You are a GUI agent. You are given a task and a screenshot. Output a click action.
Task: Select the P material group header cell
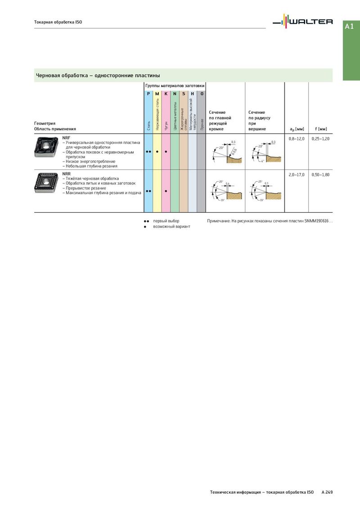coord(148,94)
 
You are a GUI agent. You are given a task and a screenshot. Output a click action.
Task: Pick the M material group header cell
coord(157,94)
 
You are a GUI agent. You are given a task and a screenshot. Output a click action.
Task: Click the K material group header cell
coord(166,94)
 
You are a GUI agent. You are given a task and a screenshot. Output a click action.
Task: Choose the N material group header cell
coord(175,94)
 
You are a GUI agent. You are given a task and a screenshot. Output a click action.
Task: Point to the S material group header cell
coord(184,94)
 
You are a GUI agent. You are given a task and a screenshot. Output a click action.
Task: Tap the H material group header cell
coord(193,94)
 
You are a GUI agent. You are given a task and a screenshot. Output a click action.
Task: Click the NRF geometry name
coord(66,138)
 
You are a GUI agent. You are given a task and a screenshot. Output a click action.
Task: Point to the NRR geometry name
coord(66,174)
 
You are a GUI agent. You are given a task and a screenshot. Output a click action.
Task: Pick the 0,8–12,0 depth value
coord(297,138)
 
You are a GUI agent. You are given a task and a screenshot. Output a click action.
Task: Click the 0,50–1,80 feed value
coord(320,174)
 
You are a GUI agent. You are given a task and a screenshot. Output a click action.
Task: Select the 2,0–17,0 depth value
coord(297,174)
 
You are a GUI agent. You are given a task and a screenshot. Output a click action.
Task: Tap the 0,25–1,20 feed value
coord(320,138)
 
